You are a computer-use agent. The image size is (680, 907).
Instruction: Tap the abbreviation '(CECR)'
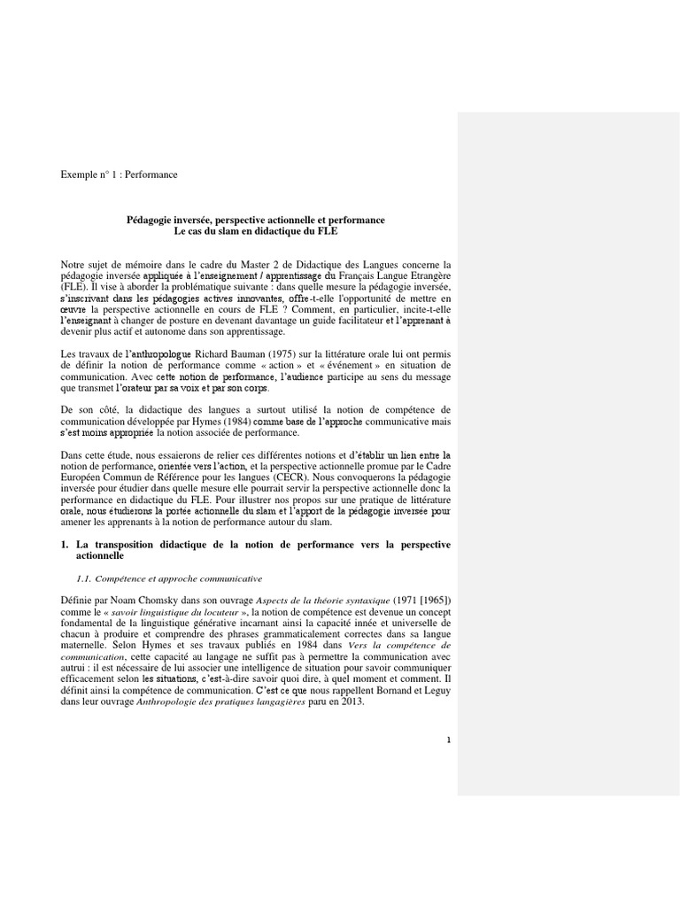(302, 476)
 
